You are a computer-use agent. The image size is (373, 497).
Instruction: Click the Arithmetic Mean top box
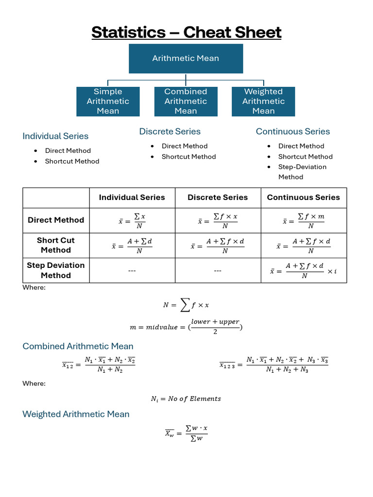pyautogui.click(x=186, y=58)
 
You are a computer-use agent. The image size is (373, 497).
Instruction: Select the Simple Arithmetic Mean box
pyautogui.click(x=108, y=101)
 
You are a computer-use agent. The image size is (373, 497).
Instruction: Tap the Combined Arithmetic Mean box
pyautogui.click(x=186, y=101)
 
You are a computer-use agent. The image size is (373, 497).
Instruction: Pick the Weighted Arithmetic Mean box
pyautogui.click(x=263, y=101)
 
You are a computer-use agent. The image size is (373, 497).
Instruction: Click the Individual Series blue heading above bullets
pyautogui.click(x=55, y=136)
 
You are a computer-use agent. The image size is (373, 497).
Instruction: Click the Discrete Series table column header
pyautogui.click(x=218, y=198)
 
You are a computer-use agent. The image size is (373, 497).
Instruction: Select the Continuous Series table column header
pyautogui.click(x=304, y=198)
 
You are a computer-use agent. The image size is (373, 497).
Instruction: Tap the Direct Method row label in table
pyautogui.click(x=56, y=220)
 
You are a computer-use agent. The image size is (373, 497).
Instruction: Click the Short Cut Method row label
pyautogui.click(x=56, y=245)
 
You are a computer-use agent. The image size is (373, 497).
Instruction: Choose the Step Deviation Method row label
pyautogui.click(x=56, y=270)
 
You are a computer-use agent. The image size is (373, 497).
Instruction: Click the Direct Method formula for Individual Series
pyautogui.click(x=132, y=220)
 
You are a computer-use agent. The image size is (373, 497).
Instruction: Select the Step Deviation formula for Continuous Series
pyautogui.click(x=304, y=271)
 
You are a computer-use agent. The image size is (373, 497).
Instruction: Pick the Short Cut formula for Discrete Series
pyautogui.click(x=218, y=246)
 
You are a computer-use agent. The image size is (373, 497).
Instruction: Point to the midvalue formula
pyautogui.click(x=186, y=327)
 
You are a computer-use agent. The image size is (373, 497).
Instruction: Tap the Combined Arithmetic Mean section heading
pyautogui.click(x=78, y=346)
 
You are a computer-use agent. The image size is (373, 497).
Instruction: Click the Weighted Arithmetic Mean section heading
pyautogui.click(x=76, y=414)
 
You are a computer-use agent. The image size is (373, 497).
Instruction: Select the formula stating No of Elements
pyautogui.click(x=186, y=399)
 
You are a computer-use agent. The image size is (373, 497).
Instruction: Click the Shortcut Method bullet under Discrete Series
pyautogui.click(x=188, y=156)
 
